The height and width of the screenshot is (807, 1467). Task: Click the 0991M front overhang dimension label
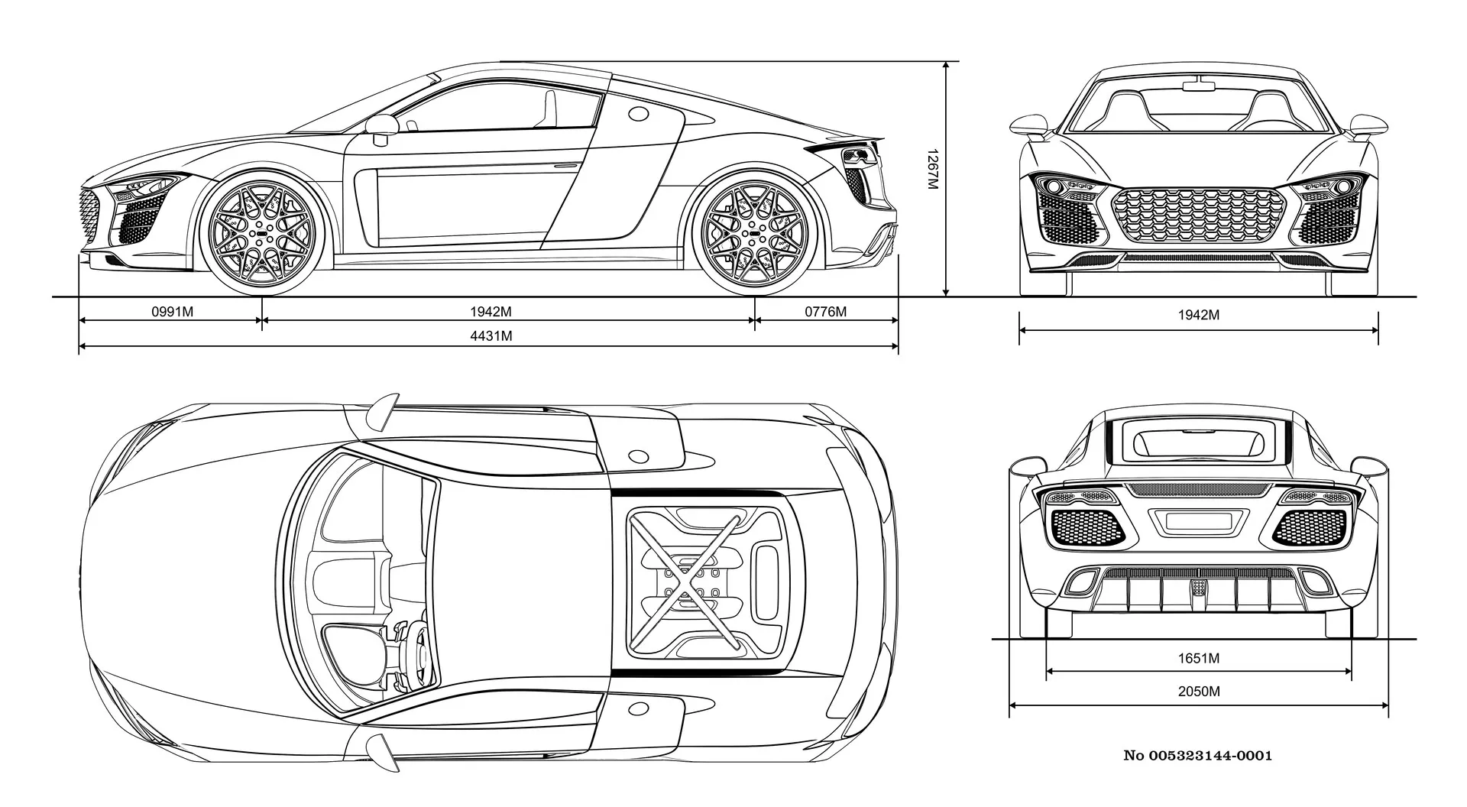click(173, 312)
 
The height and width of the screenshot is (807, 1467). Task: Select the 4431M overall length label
click(491, 336)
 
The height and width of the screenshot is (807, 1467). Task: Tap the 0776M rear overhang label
click(826, 312)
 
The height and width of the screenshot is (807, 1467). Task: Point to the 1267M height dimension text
click(931, 170)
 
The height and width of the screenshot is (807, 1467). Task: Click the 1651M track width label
click(1199, 658)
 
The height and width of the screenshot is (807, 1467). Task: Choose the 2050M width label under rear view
click(1199, 692)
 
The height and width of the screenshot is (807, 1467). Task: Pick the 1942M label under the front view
click(1199, 315)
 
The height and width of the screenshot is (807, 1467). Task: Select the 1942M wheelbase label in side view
click(491, 312)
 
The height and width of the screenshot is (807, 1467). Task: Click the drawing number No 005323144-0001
click(1198, 756)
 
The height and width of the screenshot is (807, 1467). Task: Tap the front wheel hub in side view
click(262, 232)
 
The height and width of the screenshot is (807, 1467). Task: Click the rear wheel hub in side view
click(756, 232)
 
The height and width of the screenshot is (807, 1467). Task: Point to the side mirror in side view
click(382, 128)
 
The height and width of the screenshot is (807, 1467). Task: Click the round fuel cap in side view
click(637, 113)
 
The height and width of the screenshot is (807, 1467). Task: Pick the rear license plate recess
click(1198, 522)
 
